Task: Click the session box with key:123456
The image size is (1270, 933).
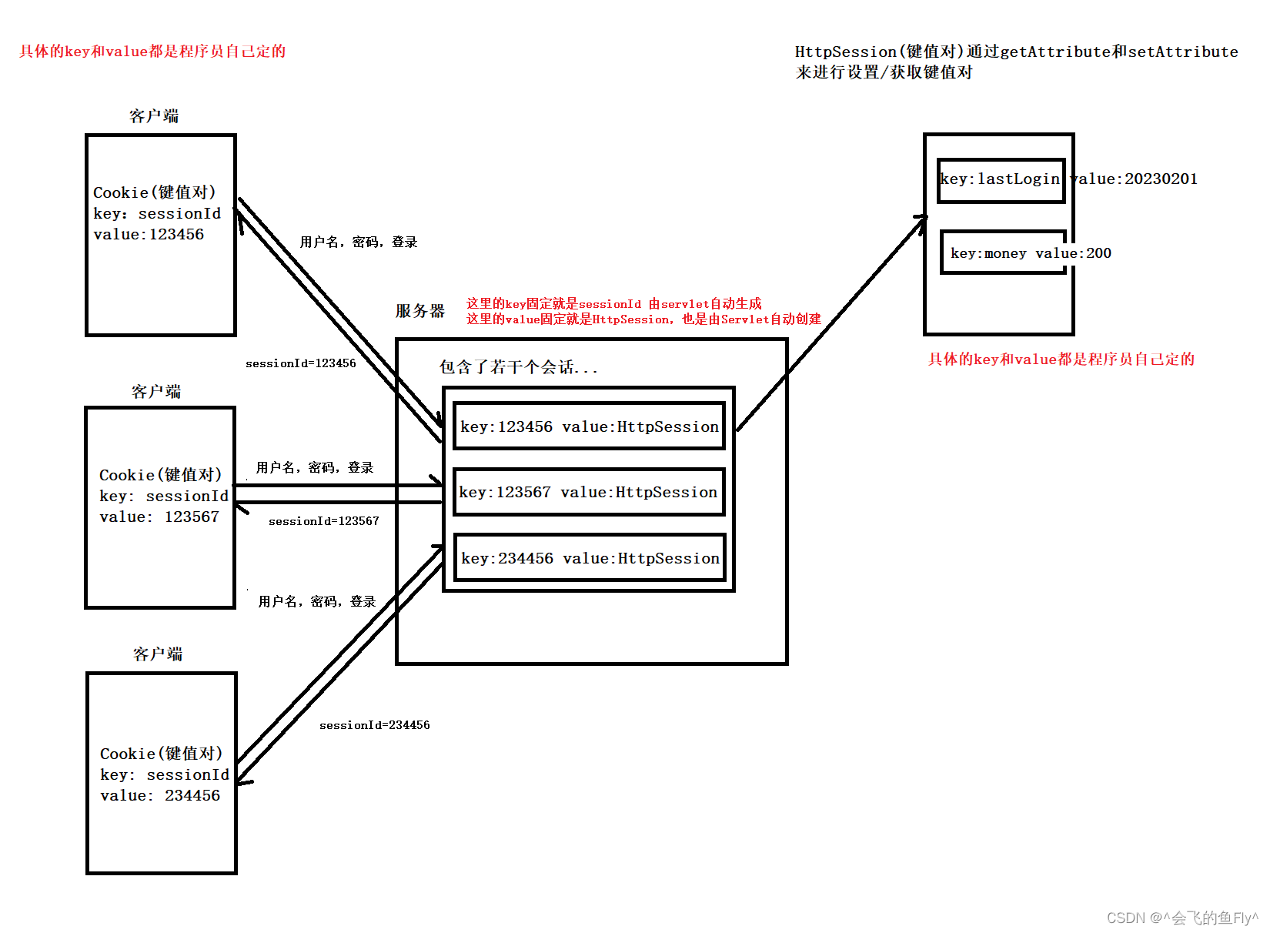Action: click(x=589, y=426)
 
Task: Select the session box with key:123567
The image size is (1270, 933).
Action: click(x=589, y=491)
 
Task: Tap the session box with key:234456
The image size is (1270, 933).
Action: click(x=590, y=557)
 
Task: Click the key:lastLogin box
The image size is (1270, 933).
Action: click(x=1001, y=180)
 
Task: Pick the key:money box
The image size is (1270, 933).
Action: click(x=1003, y=252)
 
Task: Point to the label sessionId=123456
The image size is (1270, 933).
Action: click(x=300, y=363)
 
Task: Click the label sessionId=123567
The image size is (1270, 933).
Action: click(x=323, y=521)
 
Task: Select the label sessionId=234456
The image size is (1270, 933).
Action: click(x=374, y=725)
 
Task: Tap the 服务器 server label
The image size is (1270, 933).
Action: click(x=420, y=311)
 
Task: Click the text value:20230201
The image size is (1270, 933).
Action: click(x=1135, y=179)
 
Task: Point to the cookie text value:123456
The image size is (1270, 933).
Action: click(x=149, y=234)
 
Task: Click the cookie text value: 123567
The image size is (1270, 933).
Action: click(x=159, y=517)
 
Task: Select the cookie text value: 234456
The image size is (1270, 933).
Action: click(x=159, y=795)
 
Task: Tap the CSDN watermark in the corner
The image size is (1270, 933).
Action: click(x=1181, y=918)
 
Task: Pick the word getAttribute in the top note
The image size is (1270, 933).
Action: click(x=1055, y=52)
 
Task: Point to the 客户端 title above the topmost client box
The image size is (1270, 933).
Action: click(x=154, y=116)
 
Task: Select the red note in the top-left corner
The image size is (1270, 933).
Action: click(x=152, y=52)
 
